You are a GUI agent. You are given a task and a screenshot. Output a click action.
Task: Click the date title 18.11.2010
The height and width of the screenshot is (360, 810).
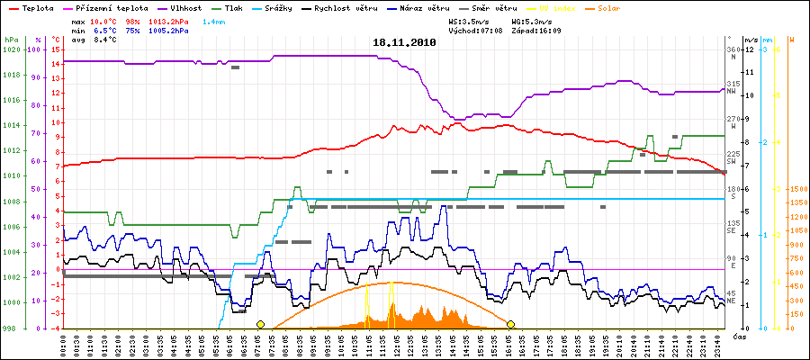tap(404, 42)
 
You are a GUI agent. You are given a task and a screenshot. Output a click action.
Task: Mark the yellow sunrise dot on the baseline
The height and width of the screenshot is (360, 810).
tap(260, 324)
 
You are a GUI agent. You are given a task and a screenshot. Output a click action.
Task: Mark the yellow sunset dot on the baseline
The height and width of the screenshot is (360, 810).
tap(510, 324)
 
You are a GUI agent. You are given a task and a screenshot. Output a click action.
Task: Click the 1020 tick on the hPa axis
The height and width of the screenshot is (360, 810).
tap(12, 49)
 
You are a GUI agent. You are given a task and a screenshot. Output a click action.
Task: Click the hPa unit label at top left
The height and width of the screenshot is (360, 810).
tap(11, 40)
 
